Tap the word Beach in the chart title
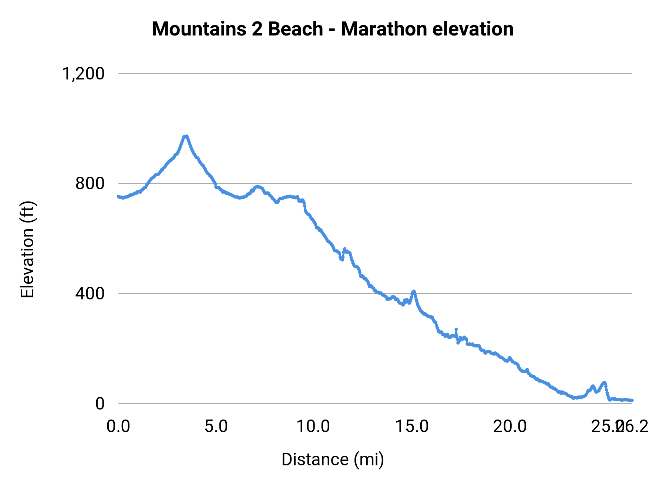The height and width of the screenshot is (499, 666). [295, 29]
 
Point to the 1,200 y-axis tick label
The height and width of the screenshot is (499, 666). [83, 74]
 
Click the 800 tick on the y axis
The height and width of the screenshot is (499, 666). [90, 183]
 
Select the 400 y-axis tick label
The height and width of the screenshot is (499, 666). [90, 293]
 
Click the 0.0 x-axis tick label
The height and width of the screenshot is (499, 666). [118, 427]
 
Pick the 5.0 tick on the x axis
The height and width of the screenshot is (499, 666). [216, 427]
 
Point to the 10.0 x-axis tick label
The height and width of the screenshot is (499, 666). [313, 427]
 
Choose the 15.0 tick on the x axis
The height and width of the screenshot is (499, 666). [412, 427]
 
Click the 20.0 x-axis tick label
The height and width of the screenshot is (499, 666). [510, 427]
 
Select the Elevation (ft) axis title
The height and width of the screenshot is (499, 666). [27, 249]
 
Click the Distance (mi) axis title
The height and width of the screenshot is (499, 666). [333, 459]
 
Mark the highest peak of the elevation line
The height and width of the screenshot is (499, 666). [186, 136]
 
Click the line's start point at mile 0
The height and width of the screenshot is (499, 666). [118, 196]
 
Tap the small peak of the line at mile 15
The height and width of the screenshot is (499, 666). [414, 291]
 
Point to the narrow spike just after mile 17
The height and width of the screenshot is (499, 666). [456, 329]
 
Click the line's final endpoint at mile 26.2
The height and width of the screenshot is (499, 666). [632, 400]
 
